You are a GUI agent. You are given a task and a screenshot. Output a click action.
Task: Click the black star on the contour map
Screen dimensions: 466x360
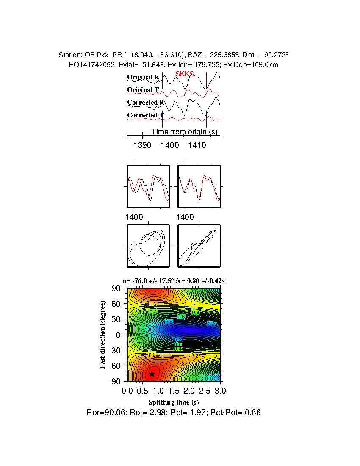(152, 374)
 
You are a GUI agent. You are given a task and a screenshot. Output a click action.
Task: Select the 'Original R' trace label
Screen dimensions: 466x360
(143, 77)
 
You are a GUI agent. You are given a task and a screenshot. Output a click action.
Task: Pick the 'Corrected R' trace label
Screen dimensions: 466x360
(145, 103)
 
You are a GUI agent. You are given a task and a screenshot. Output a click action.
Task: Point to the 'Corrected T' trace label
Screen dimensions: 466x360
(145, 115)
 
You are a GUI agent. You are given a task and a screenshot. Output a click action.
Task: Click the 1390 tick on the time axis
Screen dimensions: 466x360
(142, 145)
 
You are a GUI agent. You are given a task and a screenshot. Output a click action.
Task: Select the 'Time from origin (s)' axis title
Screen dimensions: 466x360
(184, 132)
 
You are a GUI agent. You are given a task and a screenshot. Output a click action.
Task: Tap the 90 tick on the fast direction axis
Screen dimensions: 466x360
(116, 288)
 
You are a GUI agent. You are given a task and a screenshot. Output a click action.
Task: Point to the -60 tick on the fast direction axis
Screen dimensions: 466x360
(115, 366)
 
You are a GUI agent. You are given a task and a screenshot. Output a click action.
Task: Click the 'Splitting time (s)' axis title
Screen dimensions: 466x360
(174, 402)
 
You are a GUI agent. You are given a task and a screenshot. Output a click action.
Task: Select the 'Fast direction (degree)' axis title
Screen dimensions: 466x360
(103, 335)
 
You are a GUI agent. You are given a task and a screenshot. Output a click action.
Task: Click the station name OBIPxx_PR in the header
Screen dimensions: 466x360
(102, 55)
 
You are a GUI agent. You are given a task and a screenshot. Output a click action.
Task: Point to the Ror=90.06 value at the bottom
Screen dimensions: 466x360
(102, 412)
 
